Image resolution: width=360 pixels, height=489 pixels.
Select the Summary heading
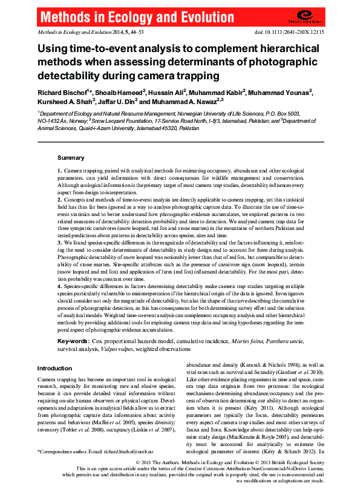[71, 157]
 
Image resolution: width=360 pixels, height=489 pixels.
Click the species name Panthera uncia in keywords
[295, 343]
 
